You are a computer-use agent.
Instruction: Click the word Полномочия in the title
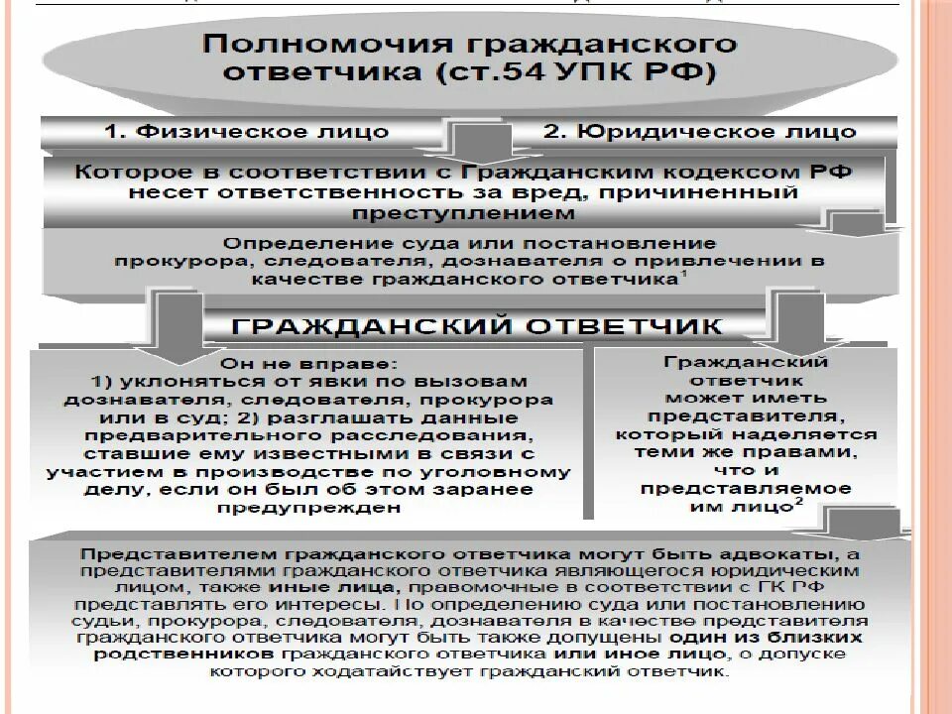[x=294, y=45]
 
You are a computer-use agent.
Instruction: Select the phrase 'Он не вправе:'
[x=273, y=364]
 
